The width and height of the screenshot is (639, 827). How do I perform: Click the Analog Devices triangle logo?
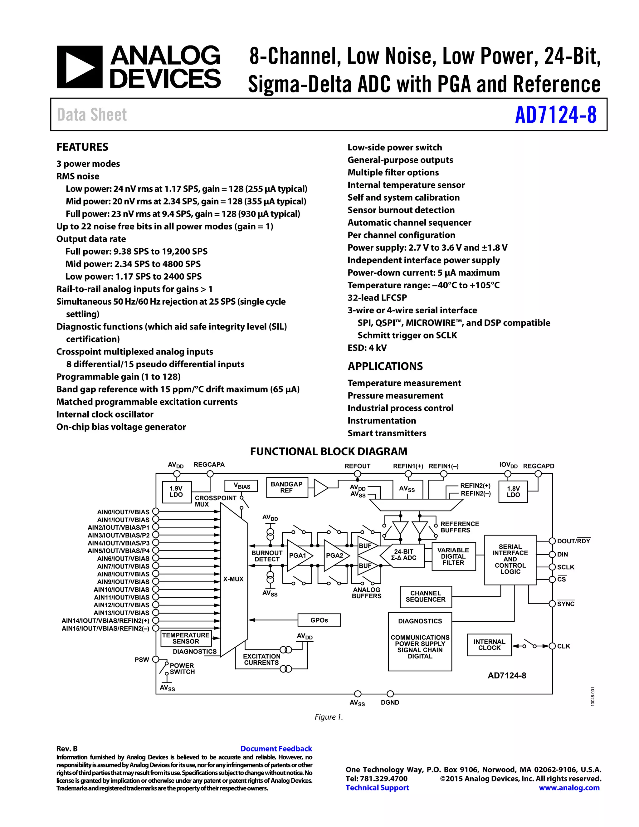pyautogui.click(x=80, y=67)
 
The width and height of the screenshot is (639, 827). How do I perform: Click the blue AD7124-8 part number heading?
pyautogui.click(x=555, y=115)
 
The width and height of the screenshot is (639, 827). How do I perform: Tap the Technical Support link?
pyautogui.click(x=377, y=788)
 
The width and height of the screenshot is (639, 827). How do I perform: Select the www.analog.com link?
pyautogui.click(x=569, y=788)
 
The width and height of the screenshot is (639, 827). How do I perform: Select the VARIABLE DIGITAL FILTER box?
pyautogui.click(x=453, y=556)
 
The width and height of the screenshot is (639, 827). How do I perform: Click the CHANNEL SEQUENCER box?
pyautogui.click(x=426, y=596)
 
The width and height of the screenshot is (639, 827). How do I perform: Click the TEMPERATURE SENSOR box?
pyautogui.click(x=186, y=638)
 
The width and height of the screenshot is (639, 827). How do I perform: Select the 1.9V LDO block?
pyautogui.click(x=176, y=492)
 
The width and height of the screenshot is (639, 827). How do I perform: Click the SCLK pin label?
pyautogui.click(x=566, y=567)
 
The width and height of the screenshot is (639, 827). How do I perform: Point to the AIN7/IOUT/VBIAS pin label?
pyautogui.click(x=124, y=566)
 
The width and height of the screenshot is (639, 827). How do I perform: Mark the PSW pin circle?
pyautogui.click(x=155, y=659)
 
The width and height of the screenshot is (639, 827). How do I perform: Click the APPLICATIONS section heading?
pyautogui.click(x=385, y=367)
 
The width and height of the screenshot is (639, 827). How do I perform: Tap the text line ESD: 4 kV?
pyautogui.click(x=367, y=348)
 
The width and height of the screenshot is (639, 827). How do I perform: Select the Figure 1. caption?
pyautogui.click(x=329, y=717)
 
